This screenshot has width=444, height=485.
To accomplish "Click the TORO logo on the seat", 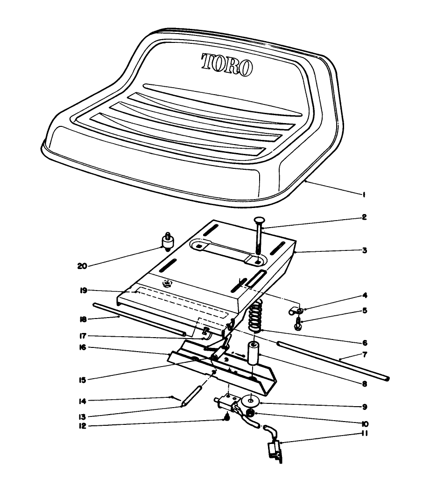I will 227,64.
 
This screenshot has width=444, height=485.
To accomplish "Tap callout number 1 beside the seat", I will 363,196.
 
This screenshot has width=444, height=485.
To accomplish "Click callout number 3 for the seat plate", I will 364,250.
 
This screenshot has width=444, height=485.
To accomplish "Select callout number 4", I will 364,295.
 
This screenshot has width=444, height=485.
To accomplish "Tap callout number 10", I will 364,424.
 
